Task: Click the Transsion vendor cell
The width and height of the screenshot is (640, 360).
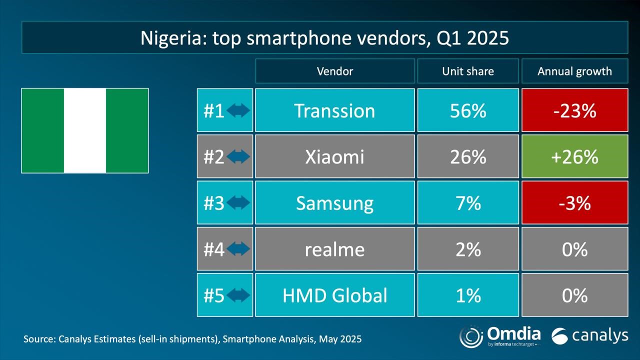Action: pyautogui.click(x=334, y=110)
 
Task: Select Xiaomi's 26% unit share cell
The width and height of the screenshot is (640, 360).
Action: pyautogui.click(x=467, y=157)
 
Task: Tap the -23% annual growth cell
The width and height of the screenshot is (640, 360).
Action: pyautogui.click(x=574, y=110)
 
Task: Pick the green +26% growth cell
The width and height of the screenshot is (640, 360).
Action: pyautogui.click(x=574, y=157)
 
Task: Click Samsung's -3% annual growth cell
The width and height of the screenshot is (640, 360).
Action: pyautogui.click(x=574, y=203)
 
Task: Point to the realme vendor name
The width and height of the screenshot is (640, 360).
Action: pyautogui.click(x=334, y=249)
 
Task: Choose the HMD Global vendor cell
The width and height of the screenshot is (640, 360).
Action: pyautogui.click(x=334, y=295)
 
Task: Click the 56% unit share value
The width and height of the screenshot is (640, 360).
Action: pyautogui.click(x=467, y=110)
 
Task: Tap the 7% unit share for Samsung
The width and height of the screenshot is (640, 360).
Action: pyautogui.click(x=467, y=203)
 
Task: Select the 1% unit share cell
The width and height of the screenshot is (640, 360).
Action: pyautogui.click(x=467, y=295)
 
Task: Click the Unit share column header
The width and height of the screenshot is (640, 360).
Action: pyautogui.click(x=467, y=71)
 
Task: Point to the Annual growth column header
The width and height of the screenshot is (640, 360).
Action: pyautogui.click(x=574, y=71)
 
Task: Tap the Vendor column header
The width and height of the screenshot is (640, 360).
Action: pyautogui.click(x=334, y=71)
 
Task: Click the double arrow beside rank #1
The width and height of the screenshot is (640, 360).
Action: pyautogui.click(x=238, y=110)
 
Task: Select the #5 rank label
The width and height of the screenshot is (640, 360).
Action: pyautogui.click(x=214, y=295)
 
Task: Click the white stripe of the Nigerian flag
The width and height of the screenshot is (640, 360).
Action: pyautogui.click(x=85, y=130)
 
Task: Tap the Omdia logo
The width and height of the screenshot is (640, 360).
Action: pyautogui.click(x=499, y=335)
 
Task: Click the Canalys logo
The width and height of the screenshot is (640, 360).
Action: pyautogui.click(x=589, y=336)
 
